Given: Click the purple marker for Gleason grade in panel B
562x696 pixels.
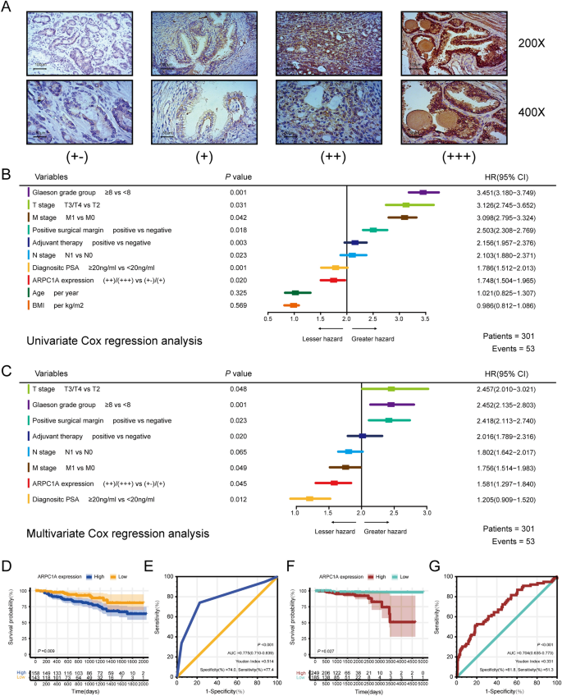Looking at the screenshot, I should pyautogui.click(x=423, y=192).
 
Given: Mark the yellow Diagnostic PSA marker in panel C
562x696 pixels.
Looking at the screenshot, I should pyautogui.click(x=309, y=498).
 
